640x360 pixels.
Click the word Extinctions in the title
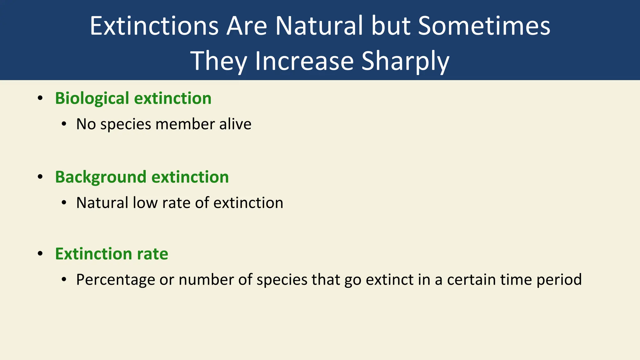[154, 26]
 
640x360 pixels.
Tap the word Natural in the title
[319, 26]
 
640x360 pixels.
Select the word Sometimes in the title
[484, 26]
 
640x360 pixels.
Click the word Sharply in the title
[405, 61]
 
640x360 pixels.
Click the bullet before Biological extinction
[40, 98]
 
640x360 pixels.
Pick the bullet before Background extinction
[40, 177]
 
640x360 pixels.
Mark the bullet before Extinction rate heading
[40, 253]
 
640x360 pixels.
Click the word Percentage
[115, 280]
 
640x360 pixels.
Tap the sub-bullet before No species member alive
[64, 124]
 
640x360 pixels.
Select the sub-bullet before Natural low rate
[64, 203]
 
